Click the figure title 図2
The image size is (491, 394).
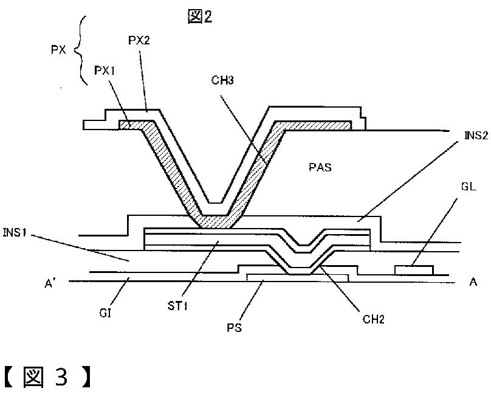click(200, 16)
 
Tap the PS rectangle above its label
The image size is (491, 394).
click(297, 278)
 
